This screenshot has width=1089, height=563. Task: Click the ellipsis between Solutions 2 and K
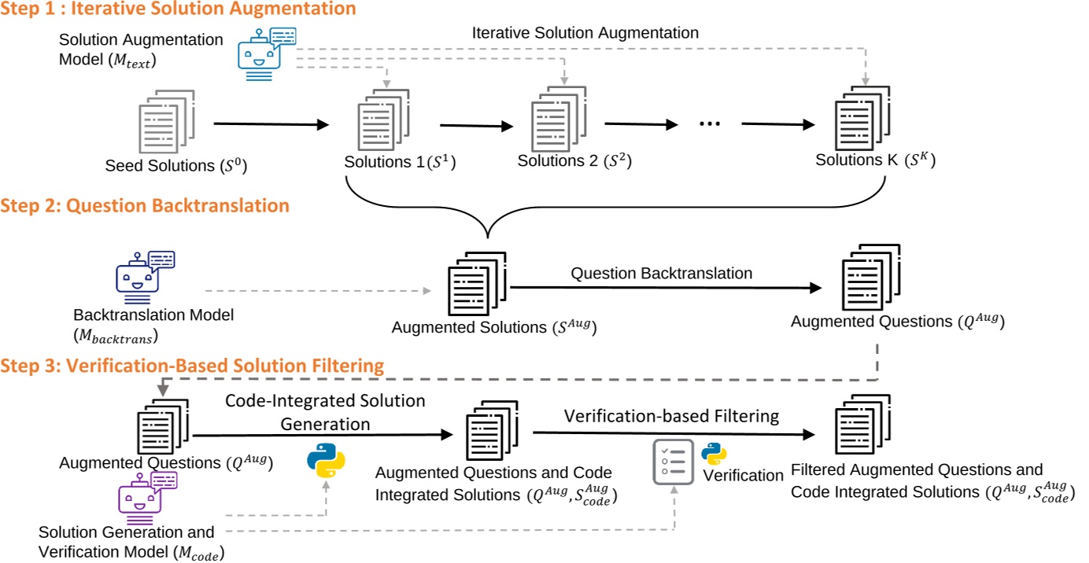pyautogui.click(x=707, y=123)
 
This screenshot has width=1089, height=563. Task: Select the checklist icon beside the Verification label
pyautogui.click(x=674, y=462)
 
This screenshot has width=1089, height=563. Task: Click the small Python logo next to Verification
pyautogui.click(x=714, y=454)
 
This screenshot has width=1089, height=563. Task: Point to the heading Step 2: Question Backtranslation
pyautogui.click(x=145, y=206)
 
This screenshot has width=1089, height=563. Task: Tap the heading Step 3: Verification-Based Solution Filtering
pyautogui.click(x=192, y=366)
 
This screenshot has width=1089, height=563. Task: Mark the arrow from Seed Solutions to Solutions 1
pyautogui.click(x=270, y=124)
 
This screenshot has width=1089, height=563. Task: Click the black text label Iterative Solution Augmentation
pyautogui.click(x=585, y=33)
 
